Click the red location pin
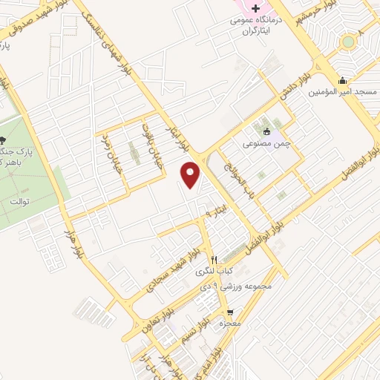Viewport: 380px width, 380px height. [x=191, y=176]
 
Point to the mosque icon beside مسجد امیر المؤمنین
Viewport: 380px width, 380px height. [x=342, y=81]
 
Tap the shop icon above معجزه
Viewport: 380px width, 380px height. [x=230, y=312]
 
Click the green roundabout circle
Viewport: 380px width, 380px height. [x=348, y=42]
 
